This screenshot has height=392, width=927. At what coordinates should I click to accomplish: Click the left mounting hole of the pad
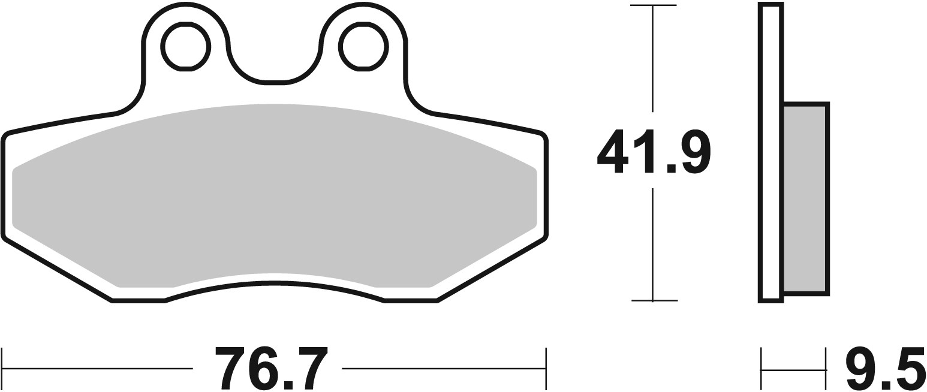pyautogui.click(x=185, y=47)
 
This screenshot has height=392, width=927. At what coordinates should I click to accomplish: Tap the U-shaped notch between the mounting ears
pyautogui.click(x=274, y=60)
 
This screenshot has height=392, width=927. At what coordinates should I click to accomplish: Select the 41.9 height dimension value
pyautogui.click(x=653, y=151)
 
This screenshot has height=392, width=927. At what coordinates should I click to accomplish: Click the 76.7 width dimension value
pyautogui.click(x=271, y=368)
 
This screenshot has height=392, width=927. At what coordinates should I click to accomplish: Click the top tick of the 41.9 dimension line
pyautogui.click(x=653, y=5)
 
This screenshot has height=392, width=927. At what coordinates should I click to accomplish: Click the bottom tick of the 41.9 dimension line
pyautogui.click(x=653, y=300)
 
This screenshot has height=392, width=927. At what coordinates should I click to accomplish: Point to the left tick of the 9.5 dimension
pyautogui.click(x=762, y=368)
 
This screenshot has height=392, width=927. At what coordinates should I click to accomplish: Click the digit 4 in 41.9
pyautogui.click(x=613, y=151)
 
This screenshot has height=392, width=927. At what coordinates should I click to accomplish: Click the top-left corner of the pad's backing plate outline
pyautogui.click(x=7, y=135)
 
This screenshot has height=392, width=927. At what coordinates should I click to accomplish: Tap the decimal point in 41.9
pyautogui.click(x=672, y=169)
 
